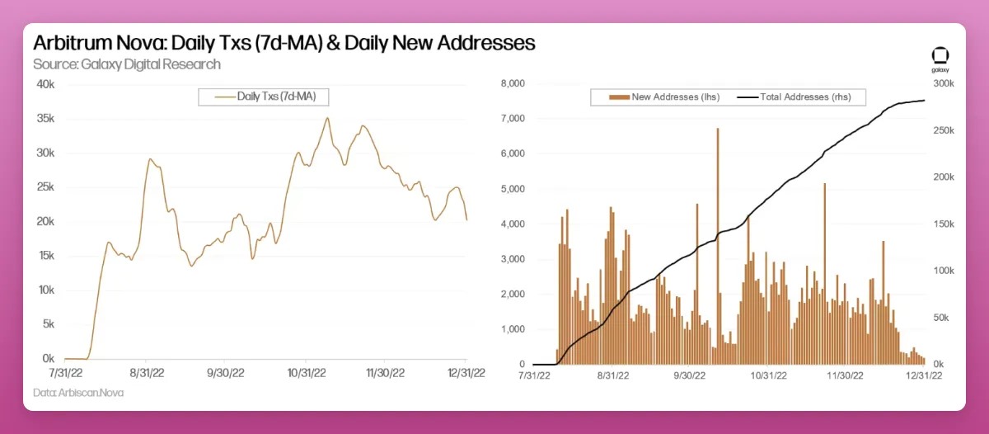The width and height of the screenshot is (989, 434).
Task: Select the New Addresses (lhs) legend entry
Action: [x=663, y=97]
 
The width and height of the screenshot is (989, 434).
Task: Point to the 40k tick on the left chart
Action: [x=45, y=84]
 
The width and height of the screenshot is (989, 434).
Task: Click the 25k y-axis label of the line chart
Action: [x=45, y=187]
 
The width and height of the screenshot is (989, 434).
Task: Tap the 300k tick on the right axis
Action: [x=943, y=84]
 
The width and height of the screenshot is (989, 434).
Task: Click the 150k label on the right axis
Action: [x=943, y=224]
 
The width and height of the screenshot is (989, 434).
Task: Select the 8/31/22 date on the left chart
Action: [x=145, y=373]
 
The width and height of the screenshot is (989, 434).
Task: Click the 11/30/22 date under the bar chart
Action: [x=845, y=375]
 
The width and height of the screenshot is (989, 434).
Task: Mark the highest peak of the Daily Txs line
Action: [x=327, y=118]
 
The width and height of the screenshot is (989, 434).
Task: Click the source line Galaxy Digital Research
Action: [x=127, y=64]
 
